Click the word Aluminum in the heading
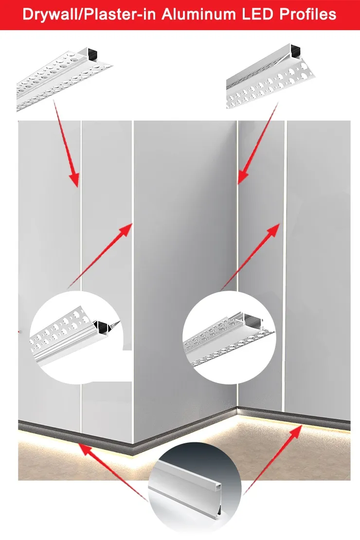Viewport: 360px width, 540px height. pos(198,15)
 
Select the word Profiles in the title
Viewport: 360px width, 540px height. pos(307,15)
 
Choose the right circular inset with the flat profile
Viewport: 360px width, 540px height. pos(229,337)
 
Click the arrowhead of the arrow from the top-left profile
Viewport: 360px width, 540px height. pos(75,179)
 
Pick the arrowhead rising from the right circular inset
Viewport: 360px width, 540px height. pos(273,229)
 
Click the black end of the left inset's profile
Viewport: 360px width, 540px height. pos(101,326)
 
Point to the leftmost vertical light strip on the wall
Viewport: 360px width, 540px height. pos(81,276)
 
